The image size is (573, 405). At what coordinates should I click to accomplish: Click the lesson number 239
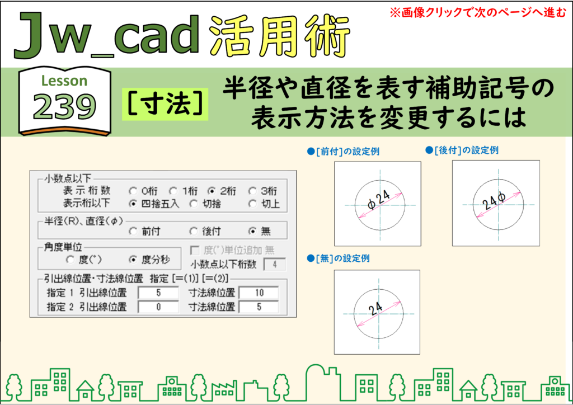coord(64,106)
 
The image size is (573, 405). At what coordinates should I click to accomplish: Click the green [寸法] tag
coord(165,104)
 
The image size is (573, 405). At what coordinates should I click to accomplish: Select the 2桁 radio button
coord(211,191)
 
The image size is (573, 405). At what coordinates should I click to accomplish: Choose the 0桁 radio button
coord(133,191)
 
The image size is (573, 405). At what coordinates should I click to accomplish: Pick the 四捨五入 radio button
coord(133,204)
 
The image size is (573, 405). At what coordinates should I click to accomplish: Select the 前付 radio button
coord(133,231)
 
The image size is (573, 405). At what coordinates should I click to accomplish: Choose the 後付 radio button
coord(193,231)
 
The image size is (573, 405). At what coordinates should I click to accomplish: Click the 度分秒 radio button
coord(133,260)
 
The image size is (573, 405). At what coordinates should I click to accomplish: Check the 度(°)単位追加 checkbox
coord(195,250)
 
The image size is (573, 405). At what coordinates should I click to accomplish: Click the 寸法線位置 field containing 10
coord(259,293)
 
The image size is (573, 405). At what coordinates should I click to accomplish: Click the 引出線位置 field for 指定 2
coord(158,307)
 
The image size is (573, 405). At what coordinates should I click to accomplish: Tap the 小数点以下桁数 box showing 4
coord(274,265)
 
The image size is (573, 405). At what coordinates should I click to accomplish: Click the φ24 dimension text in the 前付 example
coord(379,200)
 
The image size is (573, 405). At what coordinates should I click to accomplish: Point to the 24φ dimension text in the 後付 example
coord(494,200)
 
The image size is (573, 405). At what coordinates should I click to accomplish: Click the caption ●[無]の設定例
coord(338,258)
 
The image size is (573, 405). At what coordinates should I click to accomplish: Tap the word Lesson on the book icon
coord(64,81)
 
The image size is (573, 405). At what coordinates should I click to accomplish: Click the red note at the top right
coord(478,13)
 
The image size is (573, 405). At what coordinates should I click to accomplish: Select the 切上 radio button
coord(252,204)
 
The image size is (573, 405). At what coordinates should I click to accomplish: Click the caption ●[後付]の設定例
coord(462,150)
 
